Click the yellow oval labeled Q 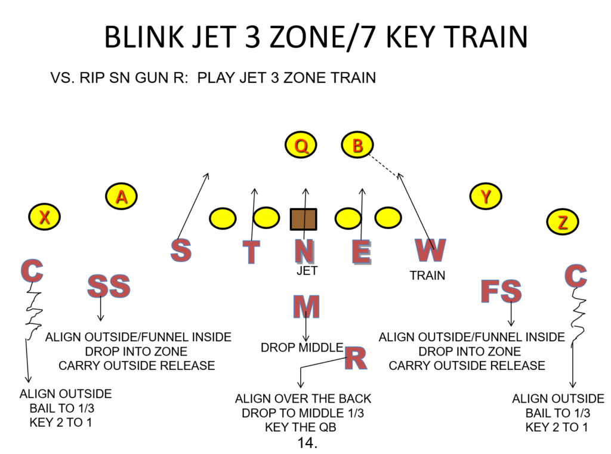(302, 146)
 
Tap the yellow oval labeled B (357, 146)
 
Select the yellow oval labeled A (122, 196)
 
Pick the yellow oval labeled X (44, 217)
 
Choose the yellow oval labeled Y (486, 196)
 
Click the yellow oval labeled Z (563, 223)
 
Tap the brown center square (303, 219)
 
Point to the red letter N (304, 251)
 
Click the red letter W (430, 250)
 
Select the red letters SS (109, 287)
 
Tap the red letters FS (501, 292)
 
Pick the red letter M (306, 307)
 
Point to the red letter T (252, 252)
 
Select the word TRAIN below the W (427, 276)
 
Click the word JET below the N (307, 271)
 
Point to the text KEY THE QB (303, 427)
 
